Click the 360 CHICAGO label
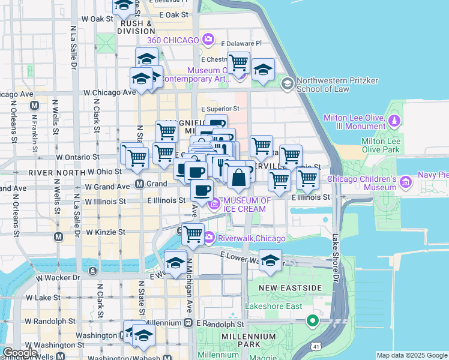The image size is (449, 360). tap(177, 40)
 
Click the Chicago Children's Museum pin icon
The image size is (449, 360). tap(406, 181)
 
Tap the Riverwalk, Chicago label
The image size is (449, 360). tap(252, 238)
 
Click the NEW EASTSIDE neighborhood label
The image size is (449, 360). tap(291, 289)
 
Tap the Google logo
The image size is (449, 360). tap(20, 353)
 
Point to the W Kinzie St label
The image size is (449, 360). tap(105, 232)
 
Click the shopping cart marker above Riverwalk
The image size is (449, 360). tap(193, 233)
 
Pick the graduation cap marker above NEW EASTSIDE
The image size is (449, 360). tap(270, 260)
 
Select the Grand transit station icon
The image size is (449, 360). tap(139, 184)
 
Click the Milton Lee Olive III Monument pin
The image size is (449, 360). tap(394, 121)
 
